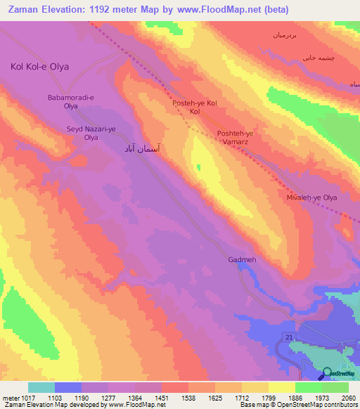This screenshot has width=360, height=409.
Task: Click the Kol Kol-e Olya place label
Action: click(39, 67)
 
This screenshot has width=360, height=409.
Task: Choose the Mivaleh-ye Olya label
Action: click(312, 198)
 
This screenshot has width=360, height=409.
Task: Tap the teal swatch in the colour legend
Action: click(41, 387)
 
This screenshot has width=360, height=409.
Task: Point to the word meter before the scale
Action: click(8, 398)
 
